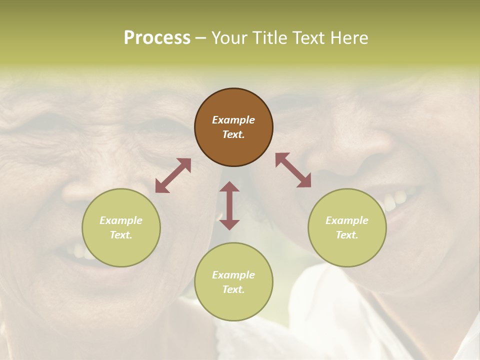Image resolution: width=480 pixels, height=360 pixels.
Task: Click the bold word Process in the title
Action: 157,38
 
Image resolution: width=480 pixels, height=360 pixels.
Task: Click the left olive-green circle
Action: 121,227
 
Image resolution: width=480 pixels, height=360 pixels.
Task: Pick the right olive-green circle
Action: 347,227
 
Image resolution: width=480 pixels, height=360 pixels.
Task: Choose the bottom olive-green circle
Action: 233,281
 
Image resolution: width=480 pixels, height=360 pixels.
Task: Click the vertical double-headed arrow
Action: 229,205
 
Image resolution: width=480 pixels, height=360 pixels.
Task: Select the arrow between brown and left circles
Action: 173,175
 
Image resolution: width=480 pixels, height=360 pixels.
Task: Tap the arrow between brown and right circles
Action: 293,170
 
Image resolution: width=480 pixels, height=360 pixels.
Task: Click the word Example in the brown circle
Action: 233,120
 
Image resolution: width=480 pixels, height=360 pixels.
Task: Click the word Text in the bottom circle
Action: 233,289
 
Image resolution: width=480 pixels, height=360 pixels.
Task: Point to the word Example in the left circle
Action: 121,220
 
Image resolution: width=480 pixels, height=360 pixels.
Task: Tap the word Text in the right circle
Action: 347,235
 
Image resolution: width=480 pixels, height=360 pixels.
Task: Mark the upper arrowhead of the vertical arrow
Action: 229,186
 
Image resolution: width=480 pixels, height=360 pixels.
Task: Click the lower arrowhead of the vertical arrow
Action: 229,224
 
